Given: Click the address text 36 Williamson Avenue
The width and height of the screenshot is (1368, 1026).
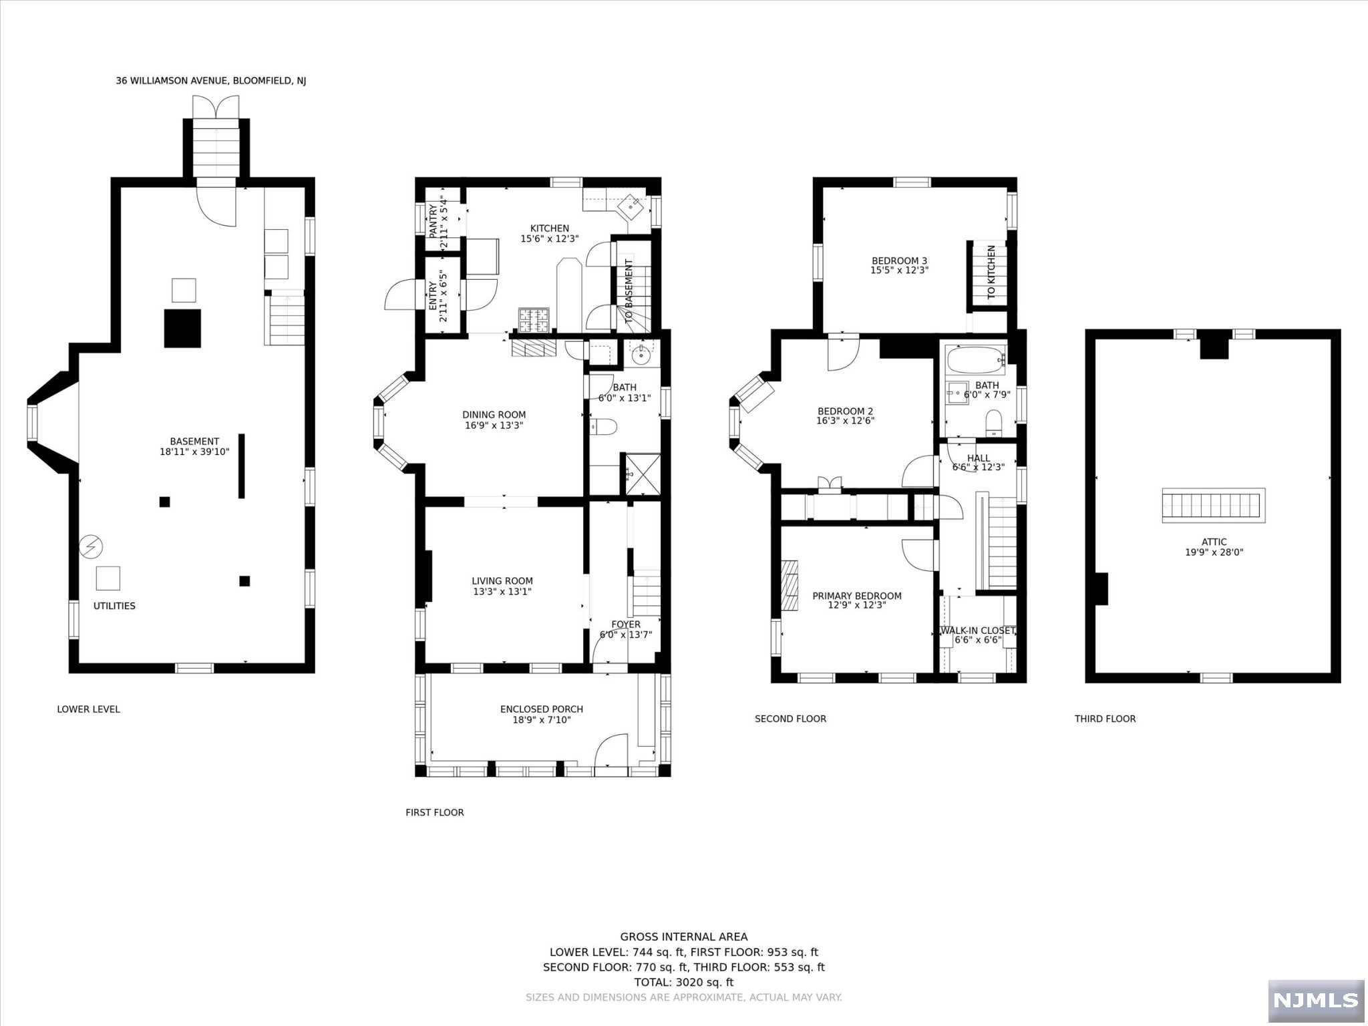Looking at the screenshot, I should (x=210, y=81).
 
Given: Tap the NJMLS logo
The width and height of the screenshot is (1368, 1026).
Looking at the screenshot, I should (x=1315, y=1000).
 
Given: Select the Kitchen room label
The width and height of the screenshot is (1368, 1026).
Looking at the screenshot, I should (x=549, y=228).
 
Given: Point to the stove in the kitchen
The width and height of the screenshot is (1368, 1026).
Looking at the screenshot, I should (x=534, y=319).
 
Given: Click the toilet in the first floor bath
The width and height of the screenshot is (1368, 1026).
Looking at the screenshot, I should (x=605, y=426).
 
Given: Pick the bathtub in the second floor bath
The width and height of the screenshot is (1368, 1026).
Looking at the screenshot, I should (x=976, y=360).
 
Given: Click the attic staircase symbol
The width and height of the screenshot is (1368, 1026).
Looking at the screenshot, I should (x=1214, y=506).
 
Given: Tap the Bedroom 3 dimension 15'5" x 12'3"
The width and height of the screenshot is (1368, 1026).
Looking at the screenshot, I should (x=899, y=271).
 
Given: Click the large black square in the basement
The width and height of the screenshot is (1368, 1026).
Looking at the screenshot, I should (x=182, y=328).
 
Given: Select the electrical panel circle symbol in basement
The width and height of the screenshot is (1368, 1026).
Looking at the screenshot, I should (x=91, y=547).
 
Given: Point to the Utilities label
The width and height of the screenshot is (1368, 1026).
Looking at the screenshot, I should (x=114, y=606).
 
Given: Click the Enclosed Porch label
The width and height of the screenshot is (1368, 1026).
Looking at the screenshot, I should (x=541, y=709).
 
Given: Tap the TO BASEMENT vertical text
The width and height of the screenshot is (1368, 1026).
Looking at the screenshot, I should (x=629, y=291).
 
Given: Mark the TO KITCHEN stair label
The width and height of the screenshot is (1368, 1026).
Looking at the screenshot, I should (x=991, y=272).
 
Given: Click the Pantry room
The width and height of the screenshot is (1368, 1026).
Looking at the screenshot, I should (x=442, y=220).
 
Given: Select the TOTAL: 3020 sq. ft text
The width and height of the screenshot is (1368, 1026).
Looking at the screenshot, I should (x=683, y=982).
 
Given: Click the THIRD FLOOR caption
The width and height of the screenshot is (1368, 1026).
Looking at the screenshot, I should (x=1105, y=719).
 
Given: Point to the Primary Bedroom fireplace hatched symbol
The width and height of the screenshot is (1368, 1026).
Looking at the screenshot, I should (x=790, y=586).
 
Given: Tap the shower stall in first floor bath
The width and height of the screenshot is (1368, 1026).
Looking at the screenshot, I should (x=642, y=474).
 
